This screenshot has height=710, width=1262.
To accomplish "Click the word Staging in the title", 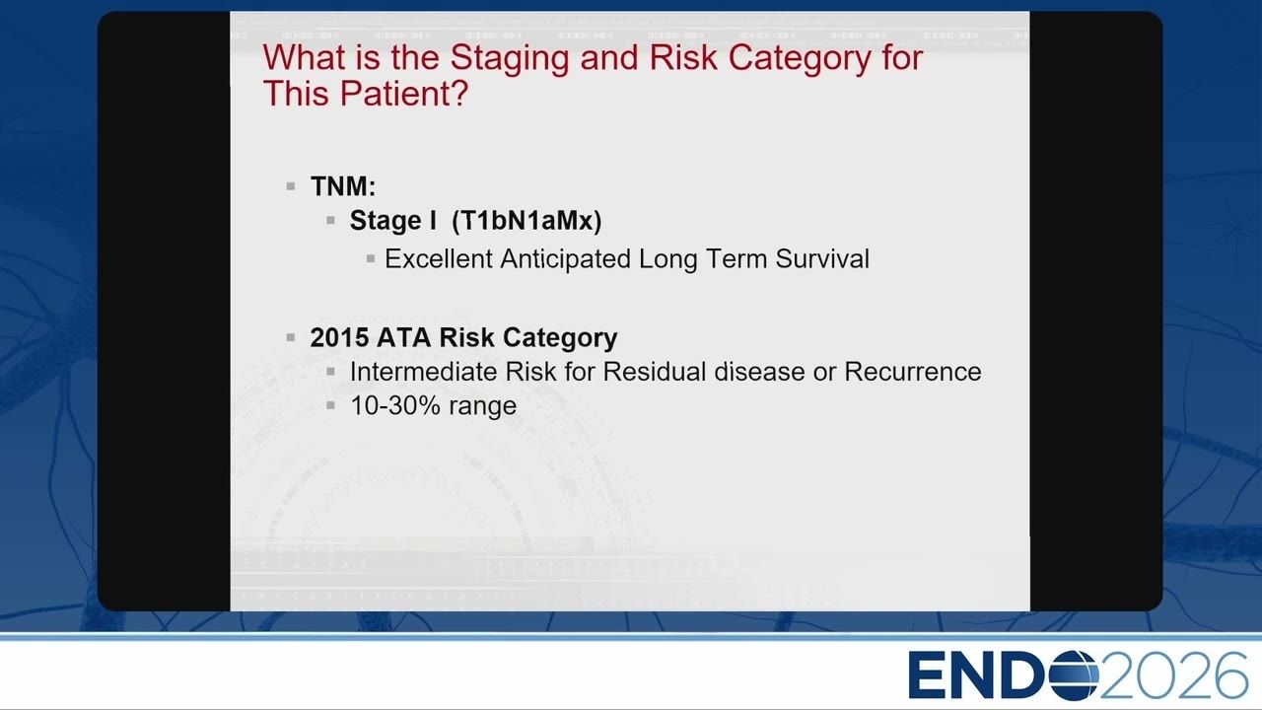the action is (510, 58).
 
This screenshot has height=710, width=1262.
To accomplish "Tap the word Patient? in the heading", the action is (403, 93).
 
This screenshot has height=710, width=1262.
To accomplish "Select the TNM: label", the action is (343, 186).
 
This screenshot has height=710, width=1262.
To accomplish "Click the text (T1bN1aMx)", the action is (526, 220).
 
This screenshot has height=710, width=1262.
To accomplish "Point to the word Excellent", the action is (439, 259).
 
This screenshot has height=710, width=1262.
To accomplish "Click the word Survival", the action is (822, 259).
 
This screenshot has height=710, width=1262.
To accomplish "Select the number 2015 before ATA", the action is (339, 337).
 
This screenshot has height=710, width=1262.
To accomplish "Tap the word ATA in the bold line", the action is (404, 337).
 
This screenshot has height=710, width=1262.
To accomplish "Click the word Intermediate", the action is (424, 372).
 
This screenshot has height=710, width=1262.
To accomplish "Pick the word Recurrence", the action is (912, 372).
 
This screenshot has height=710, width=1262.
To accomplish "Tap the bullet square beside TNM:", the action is (291, 186).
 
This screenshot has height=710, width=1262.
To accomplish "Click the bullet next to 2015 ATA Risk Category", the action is (291, 337).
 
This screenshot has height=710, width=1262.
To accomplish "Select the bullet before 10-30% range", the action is (330, 405).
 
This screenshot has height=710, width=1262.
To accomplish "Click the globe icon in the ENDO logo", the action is (1074, 675).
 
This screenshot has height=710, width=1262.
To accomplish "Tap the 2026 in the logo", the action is (1174, 675).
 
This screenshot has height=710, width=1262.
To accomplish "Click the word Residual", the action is (654, 372).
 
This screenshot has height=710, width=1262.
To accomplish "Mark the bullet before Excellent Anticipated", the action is (370, 259).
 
